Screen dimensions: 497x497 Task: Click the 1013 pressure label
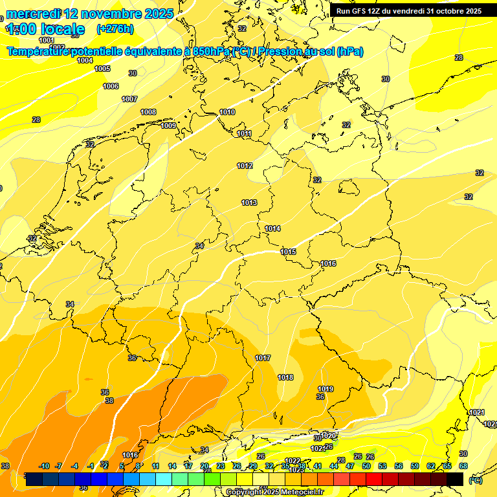[249, 203]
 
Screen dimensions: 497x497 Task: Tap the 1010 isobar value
[227, 112]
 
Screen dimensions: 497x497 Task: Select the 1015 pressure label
[288, 252]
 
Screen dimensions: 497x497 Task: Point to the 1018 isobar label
[285, 377]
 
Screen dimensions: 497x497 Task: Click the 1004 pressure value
[85, 60]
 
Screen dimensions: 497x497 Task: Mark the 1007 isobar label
[129, 99]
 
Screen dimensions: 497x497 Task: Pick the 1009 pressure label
[168, 126]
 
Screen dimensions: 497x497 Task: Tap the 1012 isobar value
[245, 166]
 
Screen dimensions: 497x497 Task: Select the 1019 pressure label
[326, 389]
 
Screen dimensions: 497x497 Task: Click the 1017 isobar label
[263, 358]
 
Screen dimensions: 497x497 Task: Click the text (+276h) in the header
[115, 29]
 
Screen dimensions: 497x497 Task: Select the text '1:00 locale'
[45, 29]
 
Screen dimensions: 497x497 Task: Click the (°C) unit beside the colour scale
[475, 480]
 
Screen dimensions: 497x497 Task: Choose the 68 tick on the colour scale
[463, 466]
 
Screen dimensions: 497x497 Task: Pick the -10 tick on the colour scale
[44, 466]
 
